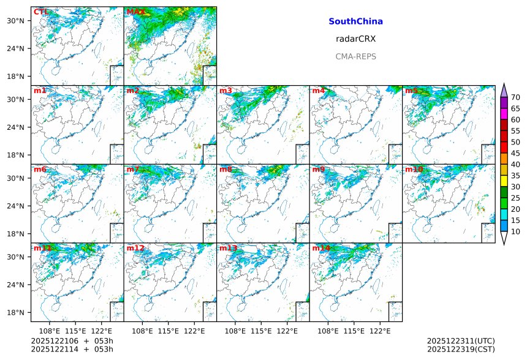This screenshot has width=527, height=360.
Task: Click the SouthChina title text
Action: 355,21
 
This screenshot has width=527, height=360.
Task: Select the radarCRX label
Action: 355,39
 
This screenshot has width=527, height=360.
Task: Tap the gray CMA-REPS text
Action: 355,57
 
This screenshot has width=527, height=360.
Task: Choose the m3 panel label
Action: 226,91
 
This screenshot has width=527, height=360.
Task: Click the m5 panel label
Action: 411,91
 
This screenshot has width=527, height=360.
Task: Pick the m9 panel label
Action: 319,170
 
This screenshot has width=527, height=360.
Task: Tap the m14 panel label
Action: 320,249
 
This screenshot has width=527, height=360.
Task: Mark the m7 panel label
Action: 133,170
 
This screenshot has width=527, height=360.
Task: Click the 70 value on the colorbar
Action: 515,97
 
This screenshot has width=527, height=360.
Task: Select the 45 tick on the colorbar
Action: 515,153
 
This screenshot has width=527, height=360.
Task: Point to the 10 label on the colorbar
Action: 515,231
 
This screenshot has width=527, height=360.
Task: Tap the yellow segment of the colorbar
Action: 504,181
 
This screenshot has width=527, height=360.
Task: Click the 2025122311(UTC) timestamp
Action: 461,341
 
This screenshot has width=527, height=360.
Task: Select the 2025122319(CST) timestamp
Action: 461,350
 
